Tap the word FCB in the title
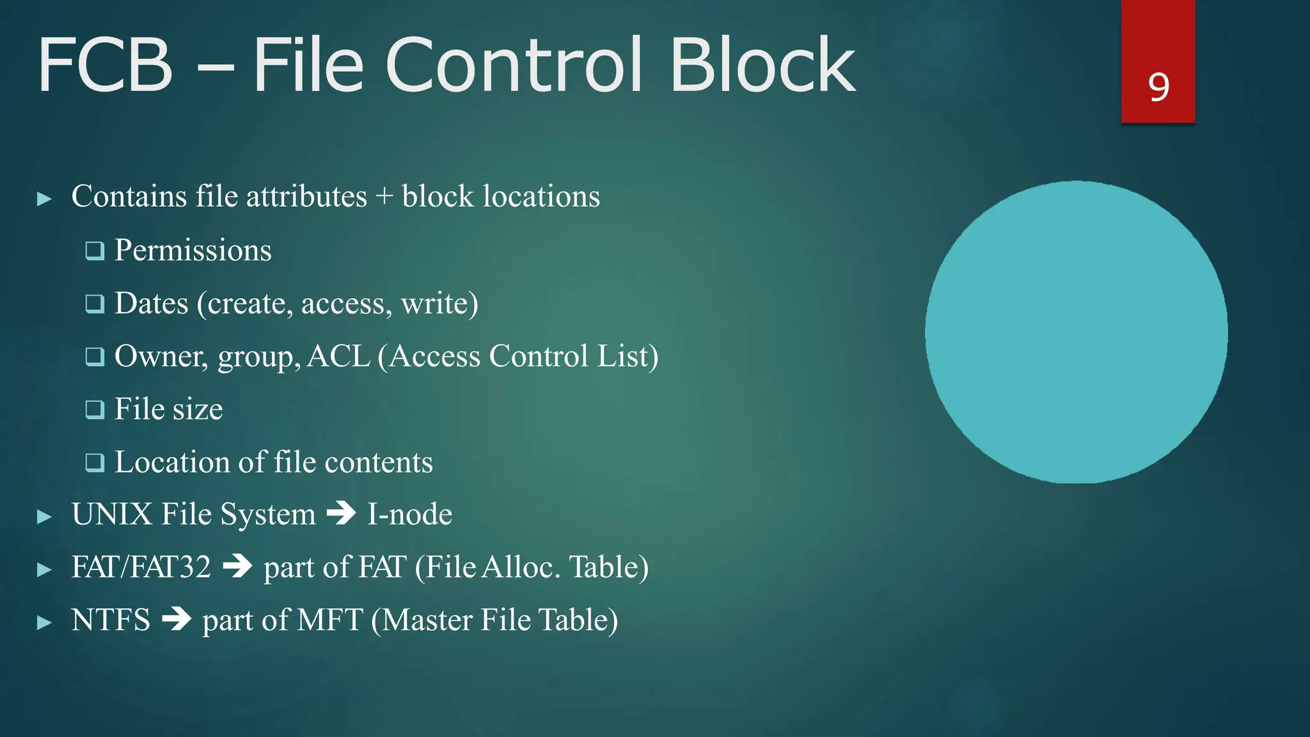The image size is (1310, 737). [x=106, y=65]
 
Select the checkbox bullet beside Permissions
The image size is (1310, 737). [x=95, y=251]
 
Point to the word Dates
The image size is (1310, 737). [x=151, y=303]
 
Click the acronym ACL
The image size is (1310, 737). [x=338, y=356]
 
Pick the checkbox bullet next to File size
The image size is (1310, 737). [x=95, y=409]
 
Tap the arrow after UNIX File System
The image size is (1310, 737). [x=341, y=514]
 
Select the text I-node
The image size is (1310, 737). [x=409, y=514]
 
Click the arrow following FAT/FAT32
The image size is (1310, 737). [x=237, y=567]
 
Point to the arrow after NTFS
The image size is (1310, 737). [x=177, y=619]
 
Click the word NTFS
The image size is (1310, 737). [x=111, y=620]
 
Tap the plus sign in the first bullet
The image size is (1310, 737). [x=384, y=197]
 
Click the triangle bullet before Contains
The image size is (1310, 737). [x=44, y=199]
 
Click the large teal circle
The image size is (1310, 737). [x=1076, y=332]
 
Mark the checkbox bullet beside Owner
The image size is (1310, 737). [x=95, y=356]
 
